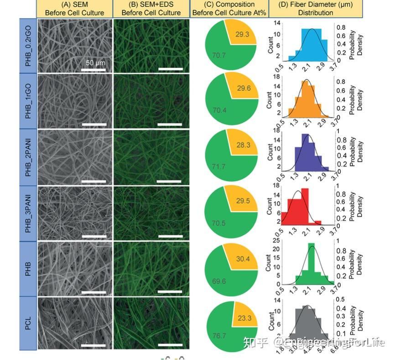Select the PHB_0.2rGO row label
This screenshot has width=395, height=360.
click(x=28, y=45)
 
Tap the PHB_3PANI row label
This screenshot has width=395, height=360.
click(x=28, y=213)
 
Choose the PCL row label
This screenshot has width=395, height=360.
click(x=28, y=323)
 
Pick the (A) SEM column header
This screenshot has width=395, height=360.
click(x=74, y=9)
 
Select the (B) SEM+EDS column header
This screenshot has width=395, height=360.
click(x=151, y=9)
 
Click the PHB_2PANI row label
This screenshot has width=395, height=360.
click(x=28, y=157)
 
